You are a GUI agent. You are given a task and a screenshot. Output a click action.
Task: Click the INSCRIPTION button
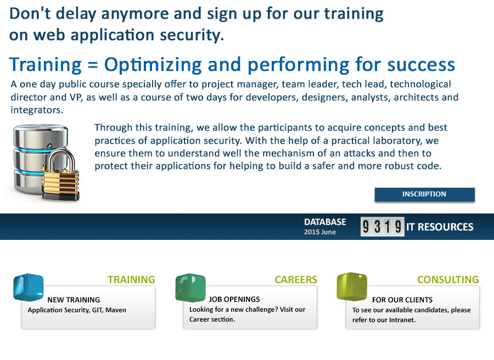[x=424, y=194]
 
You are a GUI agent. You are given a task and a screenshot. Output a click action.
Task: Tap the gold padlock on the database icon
[x=60, y=177]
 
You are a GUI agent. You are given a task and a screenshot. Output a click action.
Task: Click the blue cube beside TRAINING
[x=29, y=287]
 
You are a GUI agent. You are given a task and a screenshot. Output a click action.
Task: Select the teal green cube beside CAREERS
[x=190, y=288]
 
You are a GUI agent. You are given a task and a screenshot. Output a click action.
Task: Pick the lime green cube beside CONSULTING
[x=352, y=286]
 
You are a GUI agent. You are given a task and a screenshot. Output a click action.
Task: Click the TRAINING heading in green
[x=131, y=280]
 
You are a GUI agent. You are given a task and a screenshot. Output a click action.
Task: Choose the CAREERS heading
[x=296, y=280]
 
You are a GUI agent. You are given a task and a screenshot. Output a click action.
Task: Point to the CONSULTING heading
[x=448, y=280]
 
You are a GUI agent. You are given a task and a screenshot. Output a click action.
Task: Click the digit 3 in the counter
[x=377, y=227]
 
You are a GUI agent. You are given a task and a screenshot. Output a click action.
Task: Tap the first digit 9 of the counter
[x=366, y=227]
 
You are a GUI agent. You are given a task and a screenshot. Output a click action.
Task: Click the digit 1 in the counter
[x=388, y=227]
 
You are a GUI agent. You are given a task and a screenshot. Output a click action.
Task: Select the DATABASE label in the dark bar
[x=325, y=222]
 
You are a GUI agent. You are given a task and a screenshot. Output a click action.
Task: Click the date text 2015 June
[x=320, y=232]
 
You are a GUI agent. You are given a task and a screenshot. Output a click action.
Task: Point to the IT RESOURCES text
[x=440, y=227]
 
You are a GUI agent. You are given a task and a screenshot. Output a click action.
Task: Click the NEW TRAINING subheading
[x=74, y=300]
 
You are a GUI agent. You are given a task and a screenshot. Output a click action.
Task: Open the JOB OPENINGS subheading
[x=234, y=299]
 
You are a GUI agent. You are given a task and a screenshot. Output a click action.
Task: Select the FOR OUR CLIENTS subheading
[x=402, y=300]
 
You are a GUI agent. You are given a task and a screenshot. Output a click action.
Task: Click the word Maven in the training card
[x=116, y=310]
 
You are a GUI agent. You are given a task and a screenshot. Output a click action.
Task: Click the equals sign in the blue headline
[x=93, y=65]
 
